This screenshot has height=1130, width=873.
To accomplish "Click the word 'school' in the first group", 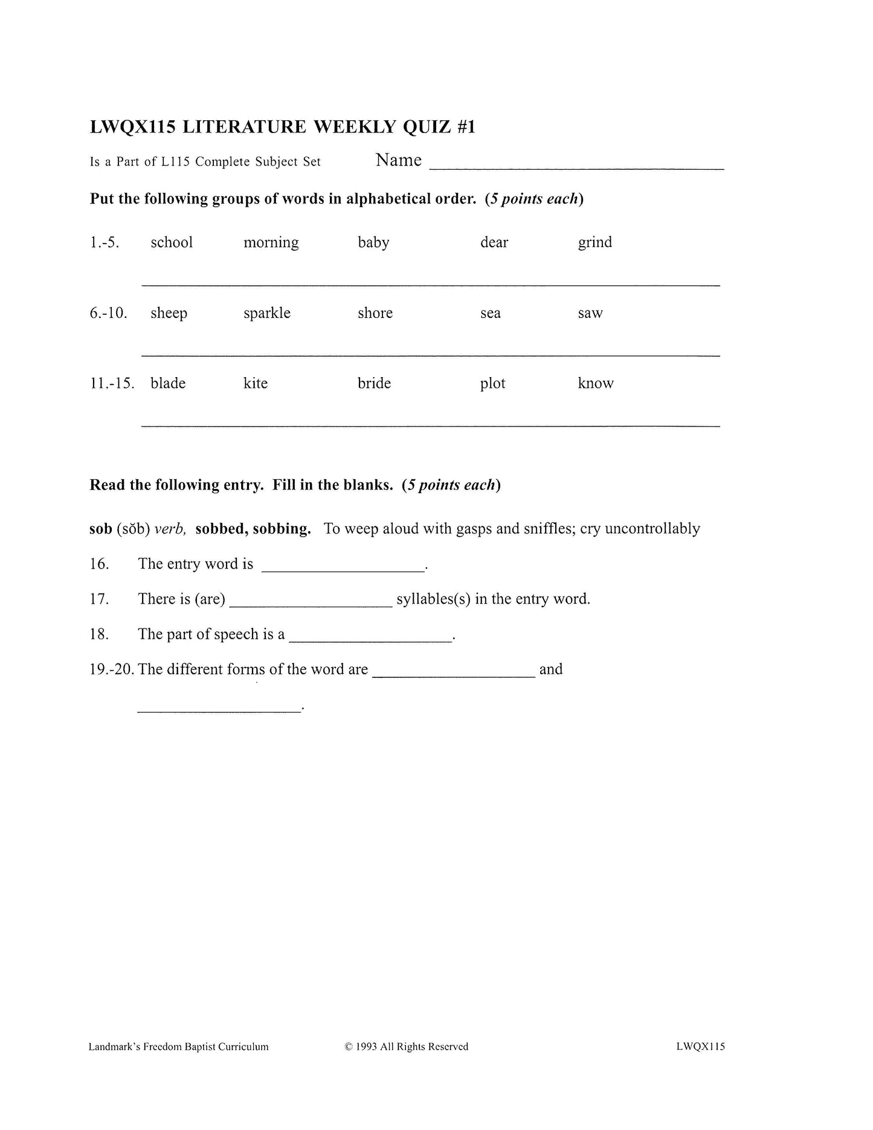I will tap(172, 242).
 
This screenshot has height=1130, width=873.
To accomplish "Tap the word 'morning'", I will tap(271, 243).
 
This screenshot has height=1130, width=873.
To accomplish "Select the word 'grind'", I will tap(594, 242).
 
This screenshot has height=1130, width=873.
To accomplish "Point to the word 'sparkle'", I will tap(266, 313).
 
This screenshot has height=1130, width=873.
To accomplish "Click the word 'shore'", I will tap(375, 313).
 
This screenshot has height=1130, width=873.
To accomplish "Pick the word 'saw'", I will tap(590, 313).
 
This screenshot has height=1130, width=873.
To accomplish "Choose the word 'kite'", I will tap(255, 383).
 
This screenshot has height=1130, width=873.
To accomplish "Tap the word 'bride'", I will tap(374, 383).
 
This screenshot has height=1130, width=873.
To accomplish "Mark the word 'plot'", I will tap(492, 384).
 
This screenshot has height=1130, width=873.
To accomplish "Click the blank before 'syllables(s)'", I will tap(311, 603).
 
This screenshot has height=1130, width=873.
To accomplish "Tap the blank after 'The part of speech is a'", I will tap(370, 638).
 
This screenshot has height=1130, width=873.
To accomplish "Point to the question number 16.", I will tap(99, 564).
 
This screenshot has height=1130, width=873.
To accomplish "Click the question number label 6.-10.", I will tap(109, 313).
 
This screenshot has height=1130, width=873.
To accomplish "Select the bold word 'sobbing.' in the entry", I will tap(282, 529).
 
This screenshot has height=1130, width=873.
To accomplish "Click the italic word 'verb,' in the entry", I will tap(170, 529).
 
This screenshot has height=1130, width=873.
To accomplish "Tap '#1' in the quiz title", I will tap(466, 127).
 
